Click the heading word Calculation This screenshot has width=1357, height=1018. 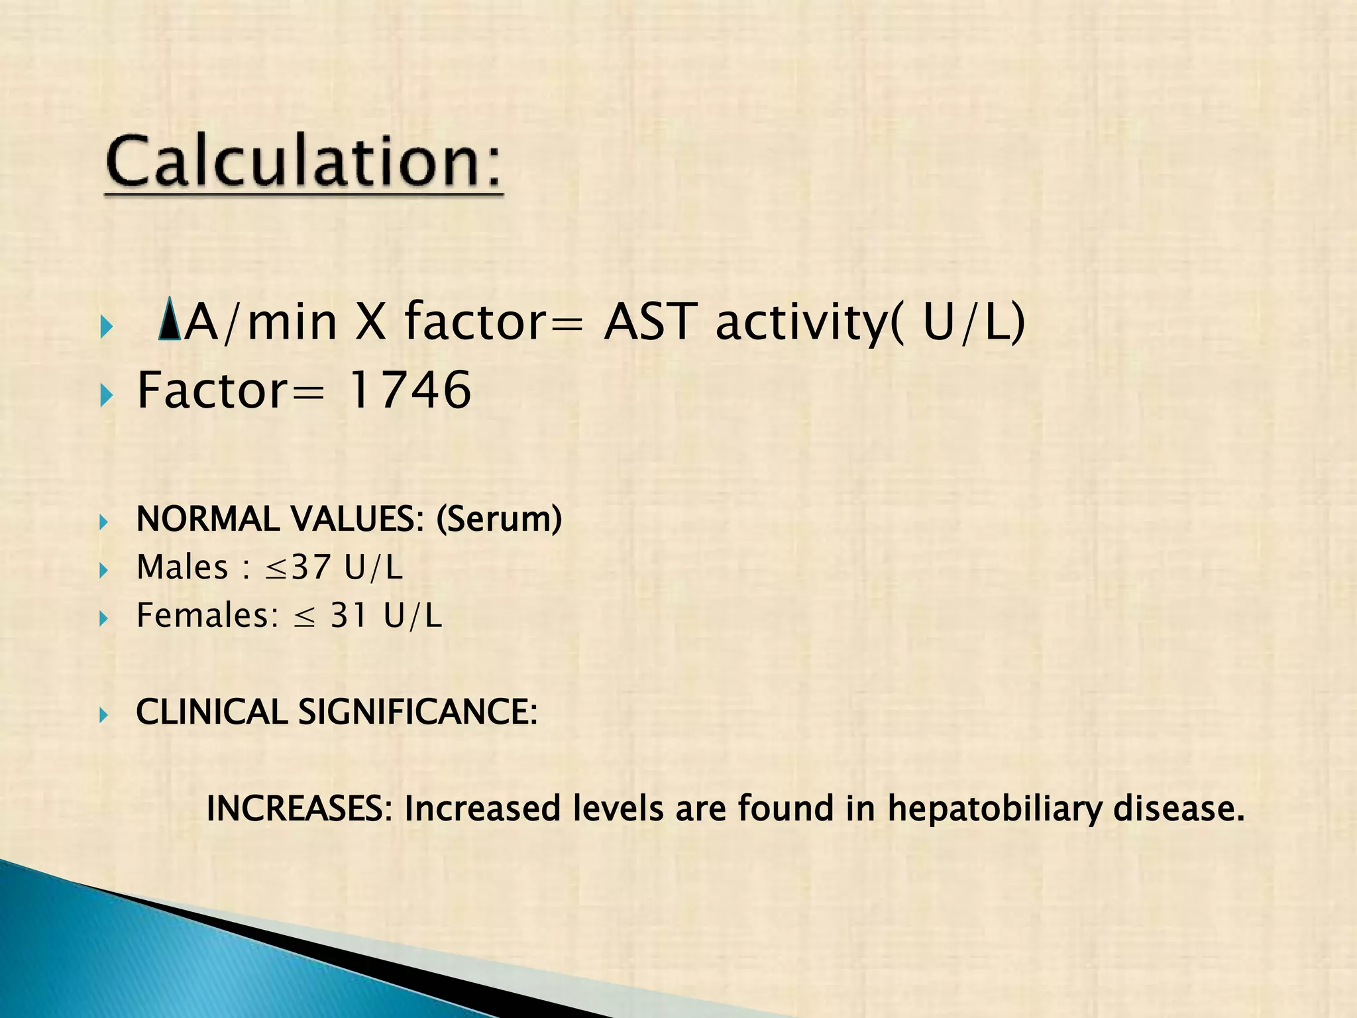[x=303, y=161]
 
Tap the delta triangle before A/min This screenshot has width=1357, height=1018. [x=170, y=320]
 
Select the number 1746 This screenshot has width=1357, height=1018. [x=409, y=390]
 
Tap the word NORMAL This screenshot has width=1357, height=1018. [x=207, y=519]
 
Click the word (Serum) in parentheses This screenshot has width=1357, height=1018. [x=499, y=519]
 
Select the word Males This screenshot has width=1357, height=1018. [x=182, y=567]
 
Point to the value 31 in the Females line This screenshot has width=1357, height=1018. [x=349, y=615]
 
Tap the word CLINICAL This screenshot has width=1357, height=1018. [x=211, y=712]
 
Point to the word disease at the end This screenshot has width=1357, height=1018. [x=1179, y=809]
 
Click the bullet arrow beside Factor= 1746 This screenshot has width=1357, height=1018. [x=106, y=396]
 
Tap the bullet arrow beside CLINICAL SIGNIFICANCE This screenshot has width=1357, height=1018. [x=103, y=715]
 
